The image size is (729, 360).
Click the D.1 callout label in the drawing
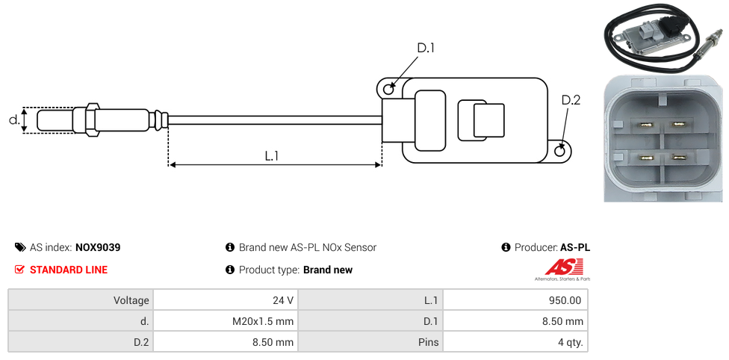point(425,48)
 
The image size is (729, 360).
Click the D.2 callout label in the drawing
point(570,101)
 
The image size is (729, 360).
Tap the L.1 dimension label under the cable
point(271,155)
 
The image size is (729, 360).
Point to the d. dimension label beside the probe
point(13,120)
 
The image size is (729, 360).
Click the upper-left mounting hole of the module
point(388,90)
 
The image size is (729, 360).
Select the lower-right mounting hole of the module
point(561,152)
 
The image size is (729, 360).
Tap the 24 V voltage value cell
point(225,300)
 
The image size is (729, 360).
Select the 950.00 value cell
point(515,300)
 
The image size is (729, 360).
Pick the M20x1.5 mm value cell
point(225,321)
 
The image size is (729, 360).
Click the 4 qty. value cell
point(515,342)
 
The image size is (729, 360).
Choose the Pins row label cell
point(370,342)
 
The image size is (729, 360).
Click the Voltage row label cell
point(81,300)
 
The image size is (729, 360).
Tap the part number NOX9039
point(98,247)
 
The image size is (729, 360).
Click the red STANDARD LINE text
point(69,270)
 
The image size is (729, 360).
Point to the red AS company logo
point(563,268)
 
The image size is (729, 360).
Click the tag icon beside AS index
point(20,247)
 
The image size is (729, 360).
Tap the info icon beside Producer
point(506,247)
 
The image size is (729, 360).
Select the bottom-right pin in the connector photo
point(681,157)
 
